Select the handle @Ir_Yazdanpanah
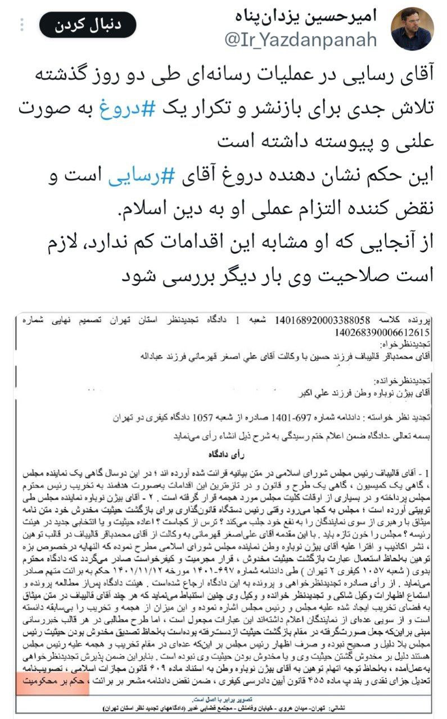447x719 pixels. click(x=301, y=39)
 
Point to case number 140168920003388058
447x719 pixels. click(x=322, y=321)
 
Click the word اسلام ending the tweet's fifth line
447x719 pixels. click(x=146, y=214)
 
